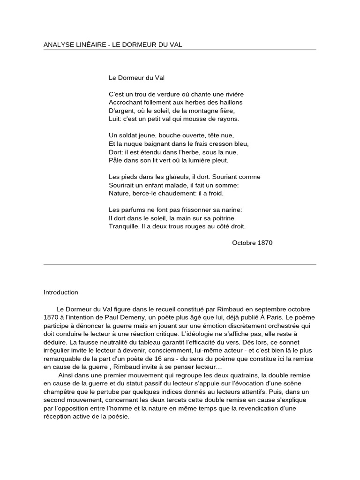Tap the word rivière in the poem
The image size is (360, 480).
point(233,94)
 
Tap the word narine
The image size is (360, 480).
point(231,210)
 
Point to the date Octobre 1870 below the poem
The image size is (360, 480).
point(252,243)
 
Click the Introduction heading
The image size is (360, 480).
point(61,292)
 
